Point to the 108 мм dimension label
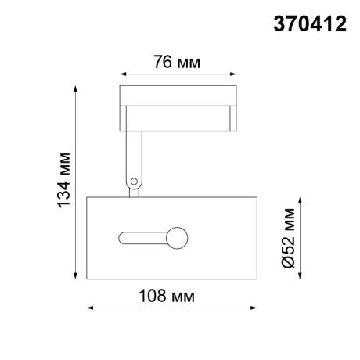170,296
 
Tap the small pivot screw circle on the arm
134,182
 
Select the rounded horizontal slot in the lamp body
142,236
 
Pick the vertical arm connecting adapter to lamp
133,160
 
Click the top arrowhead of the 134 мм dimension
77,88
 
